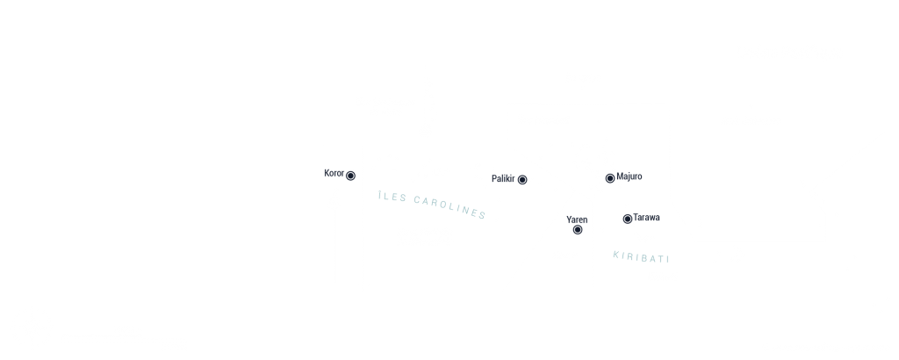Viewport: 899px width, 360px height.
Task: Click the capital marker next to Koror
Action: (x=350, y=176)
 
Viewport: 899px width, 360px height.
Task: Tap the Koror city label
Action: (x=334, y=173)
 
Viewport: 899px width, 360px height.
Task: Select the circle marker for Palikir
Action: (x=522, y=179)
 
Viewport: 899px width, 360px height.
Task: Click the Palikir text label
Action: (x=503, y=179)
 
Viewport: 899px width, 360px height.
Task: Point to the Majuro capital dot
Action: (x=610, y=178)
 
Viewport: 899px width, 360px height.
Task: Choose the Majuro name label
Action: (x=629, y=176)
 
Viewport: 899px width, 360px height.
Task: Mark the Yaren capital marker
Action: (x=578, y=230)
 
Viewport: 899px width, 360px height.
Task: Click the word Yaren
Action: (x=577, y=220)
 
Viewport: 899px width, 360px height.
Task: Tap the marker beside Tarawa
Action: (x=627, y=219)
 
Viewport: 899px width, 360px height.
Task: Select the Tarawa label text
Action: (x=646, y=217)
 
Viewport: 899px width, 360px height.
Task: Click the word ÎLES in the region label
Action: (x=392, y=198)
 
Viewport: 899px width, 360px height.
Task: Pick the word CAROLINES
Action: (x=450, y=207)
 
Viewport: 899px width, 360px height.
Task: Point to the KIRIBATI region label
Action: (x=641, y=257)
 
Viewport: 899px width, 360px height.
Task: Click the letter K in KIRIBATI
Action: (x=616, y=255)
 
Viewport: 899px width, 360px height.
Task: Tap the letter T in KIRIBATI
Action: (x=660, y=259)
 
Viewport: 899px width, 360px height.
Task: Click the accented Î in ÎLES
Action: (x=380, y=196)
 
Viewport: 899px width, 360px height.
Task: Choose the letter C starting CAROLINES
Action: (x=417, y=200)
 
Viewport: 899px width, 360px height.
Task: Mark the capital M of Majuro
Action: (x=620, y=176)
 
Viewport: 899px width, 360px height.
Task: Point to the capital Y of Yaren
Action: (x=569, y=220)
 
